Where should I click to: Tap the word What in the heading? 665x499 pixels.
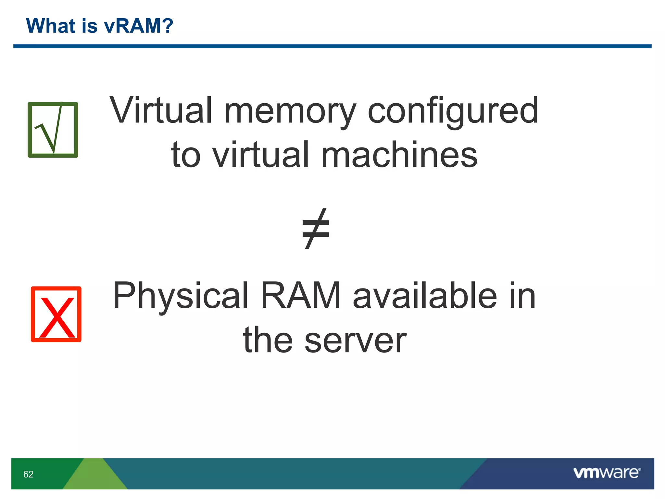pyautogui.click(x=51, y=26)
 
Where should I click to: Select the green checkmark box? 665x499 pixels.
pyautogui.click(x=53, y=130)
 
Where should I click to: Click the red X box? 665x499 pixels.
pyautogui.click(x=56, y=314)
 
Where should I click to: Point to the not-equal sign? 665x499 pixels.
pyautogui.click(x=316, y=229)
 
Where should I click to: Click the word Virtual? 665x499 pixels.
pyautogui.click(x=161, y=110)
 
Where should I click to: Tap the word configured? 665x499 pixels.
pyautogui.click(x=453, y=112)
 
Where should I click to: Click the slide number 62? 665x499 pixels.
pyautogui.click(x=29, y=474)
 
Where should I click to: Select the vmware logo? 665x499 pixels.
pyautogui.click(x=607, y=473)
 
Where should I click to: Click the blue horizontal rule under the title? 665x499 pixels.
pyautogui.click(x=332, y=46)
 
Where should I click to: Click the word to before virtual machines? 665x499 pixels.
pyautogui.click(x=186, y=155)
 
